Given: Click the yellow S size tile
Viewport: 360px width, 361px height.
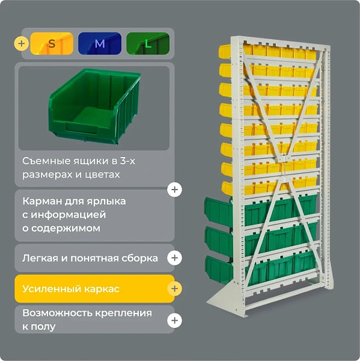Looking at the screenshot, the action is [52, 43].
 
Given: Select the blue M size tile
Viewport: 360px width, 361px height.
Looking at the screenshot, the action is [100, 43].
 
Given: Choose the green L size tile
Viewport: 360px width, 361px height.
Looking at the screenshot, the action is [148, 43].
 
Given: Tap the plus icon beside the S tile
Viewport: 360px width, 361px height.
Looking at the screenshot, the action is [22, 43].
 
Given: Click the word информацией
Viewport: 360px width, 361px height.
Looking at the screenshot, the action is [69, 215].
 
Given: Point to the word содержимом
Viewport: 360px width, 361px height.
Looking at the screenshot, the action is [66, 229].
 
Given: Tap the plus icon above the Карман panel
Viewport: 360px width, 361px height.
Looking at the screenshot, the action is [175, 190].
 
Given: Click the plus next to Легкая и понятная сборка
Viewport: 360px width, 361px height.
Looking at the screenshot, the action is [175, 258].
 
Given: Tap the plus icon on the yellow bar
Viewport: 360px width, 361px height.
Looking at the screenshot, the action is [175, 289].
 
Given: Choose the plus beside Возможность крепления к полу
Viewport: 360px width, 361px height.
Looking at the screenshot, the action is [175, 321].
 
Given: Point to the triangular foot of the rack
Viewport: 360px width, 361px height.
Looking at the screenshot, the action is [222, 297].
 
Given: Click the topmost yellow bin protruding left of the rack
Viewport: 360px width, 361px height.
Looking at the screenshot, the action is [225, 51].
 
